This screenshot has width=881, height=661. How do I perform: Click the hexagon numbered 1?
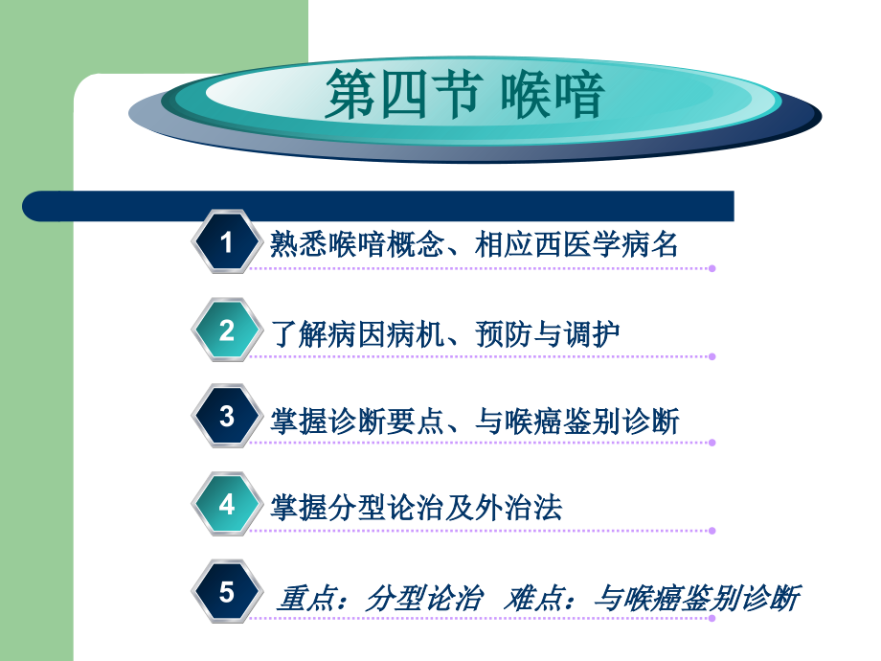(x=227, y=242)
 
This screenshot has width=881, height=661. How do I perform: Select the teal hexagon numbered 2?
(x=227, y=330)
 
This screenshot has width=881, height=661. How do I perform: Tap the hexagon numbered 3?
(x=227, y=417)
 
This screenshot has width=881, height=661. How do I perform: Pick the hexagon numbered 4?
(x=227, y=504)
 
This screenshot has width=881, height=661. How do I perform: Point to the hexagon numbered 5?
(x=227, y=592)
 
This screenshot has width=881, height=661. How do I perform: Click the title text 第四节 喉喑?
(x=464, y=96)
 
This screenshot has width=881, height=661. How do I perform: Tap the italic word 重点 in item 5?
(x=304, y=599)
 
